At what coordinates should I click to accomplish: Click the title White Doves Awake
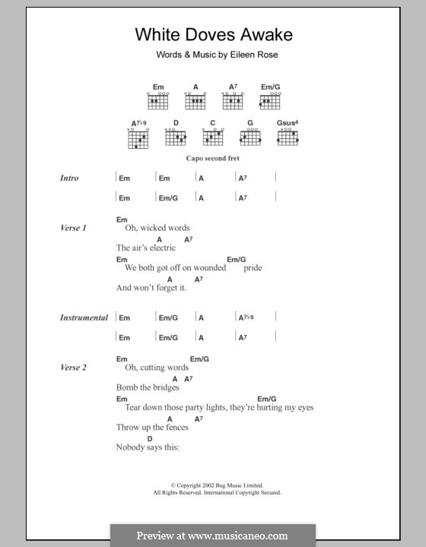(212, 34)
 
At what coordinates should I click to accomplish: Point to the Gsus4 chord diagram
(288, 136)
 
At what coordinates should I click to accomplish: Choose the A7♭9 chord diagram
(138, 136)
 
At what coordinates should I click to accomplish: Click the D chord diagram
(176, 136)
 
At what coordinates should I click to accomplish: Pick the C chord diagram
(213, 136)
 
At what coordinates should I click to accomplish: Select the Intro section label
(69, 178)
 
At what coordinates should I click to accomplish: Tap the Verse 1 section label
(73, 228)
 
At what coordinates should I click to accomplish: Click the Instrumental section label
(84, 318)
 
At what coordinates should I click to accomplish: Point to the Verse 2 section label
(73, 368)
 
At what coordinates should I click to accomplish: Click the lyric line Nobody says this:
(147, 447)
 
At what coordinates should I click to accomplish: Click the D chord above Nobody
(150, 438)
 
